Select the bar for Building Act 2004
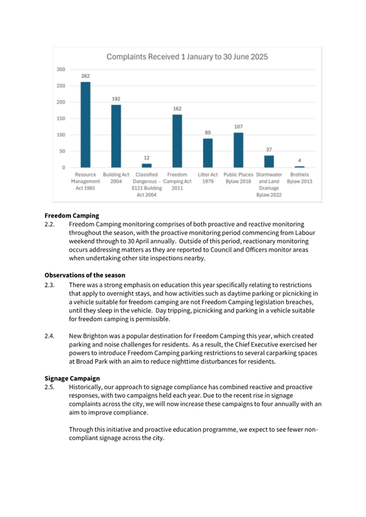click(x=116, y=136)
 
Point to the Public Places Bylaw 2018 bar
click(x=239, y=150)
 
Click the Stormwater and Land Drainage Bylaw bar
click(x=269, y=161)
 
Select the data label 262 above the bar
click(x=85, y=76)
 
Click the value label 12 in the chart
click(x=146, y=158)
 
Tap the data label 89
click(x=208, y=133)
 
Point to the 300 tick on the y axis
click(x=61, y=69)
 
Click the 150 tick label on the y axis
click(x=61, y=119)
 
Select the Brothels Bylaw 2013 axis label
click(x=299, y=178)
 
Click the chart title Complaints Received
click(x=187, y=56)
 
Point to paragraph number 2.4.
click(x=50, y=336)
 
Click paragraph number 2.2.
click(x=50, y=224)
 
